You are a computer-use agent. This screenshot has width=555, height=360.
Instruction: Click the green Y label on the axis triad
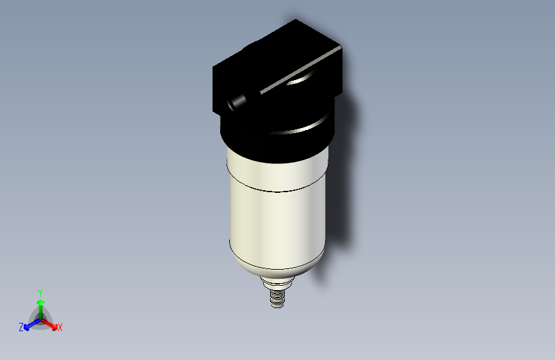click(x=40, y=293)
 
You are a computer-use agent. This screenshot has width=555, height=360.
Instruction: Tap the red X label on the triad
click(x=60, y=327)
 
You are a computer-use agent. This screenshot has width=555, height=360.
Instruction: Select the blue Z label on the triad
click(x=21, y=327)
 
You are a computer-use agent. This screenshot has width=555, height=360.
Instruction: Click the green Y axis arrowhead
click(x=41, y=303)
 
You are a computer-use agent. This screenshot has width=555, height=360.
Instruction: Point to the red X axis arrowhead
click(x=54, y=327)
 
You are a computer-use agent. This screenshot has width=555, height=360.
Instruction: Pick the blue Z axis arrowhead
click(x=26, y=327)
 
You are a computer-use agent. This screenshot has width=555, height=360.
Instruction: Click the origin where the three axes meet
click(x=41, y=320)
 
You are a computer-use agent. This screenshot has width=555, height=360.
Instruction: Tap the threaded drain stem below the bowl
click(x=278, y=299)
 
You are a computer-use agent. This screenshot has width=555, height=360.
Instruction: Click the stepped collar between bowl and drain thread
click(x=278, y=282)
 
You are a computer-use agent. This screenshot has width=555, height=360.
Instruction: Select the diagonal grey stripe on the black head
click(x=300, y=70)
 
